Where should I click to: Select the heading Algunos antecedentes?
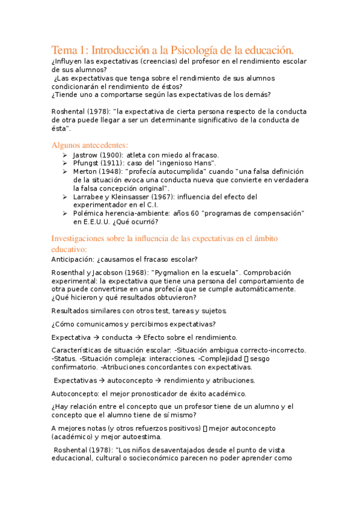(90, 145)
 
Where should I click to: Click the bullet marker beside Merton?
(65, 171)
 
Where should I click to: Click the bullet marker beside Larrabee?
(65, 197)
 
